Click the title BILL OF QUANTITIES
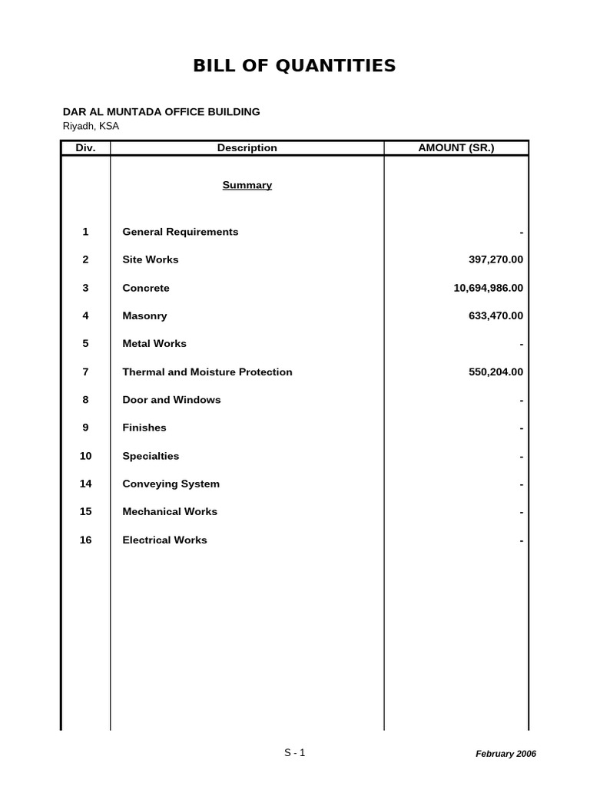[x=294, y=66]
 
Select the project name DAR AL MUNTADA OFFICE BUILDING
[x=161, y=111]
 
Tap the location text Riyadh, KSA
[x=91, y=126]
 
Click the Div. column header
[x=85, y=148]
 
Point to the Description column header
[x=247, y=148]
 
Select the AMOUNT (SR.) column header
[x=456, y=148]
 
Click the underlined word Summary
[x=247, y=185]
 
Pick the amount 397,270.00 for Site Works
[x=496, y=259]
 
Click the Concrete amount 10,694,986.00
[x=488, y=288]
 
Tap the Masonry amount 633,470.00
[x=496, y=315]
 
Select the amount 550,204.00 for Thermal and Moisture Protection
[x=496, y=372]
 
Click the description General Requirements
[x=181, y=232]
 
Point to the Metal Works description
[x=154, y=343]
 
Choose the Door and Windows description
[x=171, y=400]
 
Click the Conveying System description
[x=171, y=484]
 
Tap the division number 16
[x=85, y=540]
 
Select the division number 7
[x=85, y=372]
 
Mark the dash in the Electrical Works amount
[x=521, y=541]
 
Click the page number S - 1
[x=294, y=752]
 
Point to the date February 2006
[x=505, y=754]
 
